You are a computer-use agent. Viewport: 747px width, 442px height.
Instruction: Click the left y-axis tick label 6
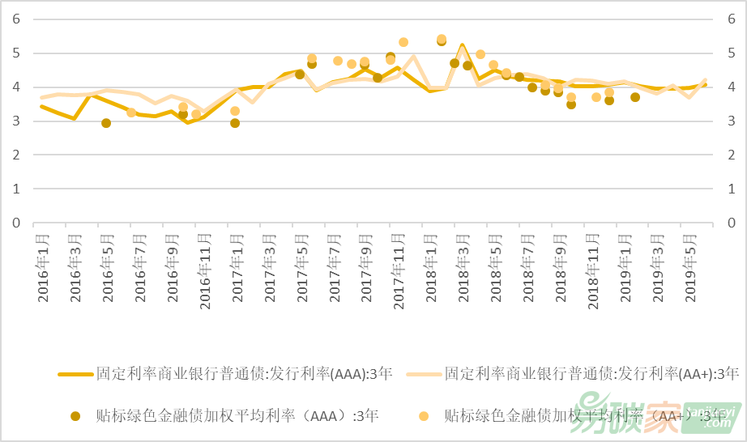[15, 19]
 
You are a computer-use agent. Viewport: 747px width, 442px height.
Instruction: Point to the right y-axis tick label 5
[731, 53]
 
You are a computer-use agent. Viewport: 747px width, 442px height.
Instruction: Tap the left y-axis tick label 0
[15, 223]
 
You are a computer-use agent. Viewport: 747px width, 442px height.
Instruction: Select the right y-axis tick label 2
[731, 155]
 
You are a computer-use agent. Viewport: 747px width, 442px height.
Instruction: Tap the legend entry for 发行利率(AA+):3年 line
[591, 374]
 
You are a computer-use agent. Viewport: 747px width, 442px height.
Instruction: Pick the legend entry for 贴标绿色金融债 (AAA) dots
[227, 416]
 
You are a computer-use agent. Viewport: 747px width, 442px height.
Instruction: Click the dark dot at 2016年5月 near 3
[106, 123]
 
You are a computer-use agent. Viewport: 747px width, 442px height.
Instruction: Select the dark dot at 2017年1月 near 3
[235, 123]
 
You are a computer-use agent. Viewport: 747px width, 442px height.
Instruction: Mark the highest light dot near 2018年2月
[442, 39]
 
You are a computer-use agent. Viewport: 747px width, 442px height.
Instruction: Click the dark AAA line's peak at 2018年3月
[462, 45]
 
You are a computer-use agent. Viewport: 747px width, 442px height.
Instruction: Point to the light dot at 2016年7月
[131, 113]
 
